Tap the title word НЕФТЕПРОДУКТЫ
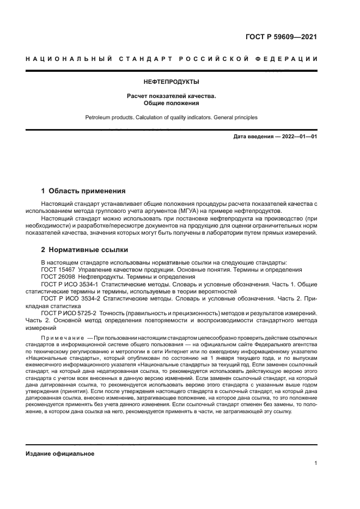(x=172, y=83)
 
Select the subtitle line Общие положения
(x=172, y=103)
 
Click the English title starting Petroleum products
(x=172, y=117)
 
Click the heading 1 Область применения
(x=83, y=191)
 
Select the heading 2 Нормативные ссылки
(x=85, y=250)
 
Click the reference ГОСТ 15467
(x=58, y=269)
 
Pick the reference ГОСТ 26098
(x=58, y=277)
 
